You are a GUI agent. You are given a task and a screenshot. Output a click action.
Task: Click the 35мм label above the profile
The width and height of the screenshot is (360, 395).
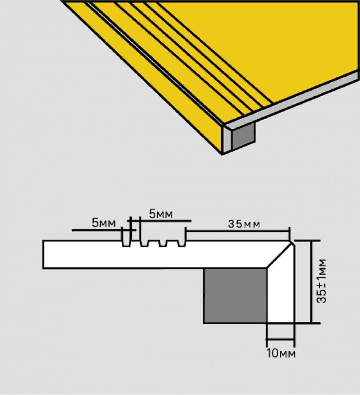pos(244,224)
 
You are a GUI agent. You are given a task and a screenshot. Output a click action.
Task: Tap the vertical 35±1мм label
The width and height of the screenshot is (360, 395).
pos(322,281)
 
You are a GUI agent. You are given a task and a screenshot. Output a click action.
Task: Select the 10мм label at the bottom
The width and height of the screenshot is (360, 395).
pos(281,353)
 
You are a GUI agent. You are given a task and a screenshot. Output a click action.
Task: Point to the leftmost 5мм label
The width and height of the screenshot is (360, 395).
pos(104,223)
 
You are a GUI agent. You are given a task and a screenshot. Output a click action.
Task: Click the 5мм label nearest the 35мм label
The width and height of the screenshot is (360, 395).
pos(161,214)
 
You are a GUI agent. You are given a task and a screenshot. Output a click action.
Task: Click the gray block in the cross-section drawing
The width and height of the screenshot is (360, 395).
pos(235,296)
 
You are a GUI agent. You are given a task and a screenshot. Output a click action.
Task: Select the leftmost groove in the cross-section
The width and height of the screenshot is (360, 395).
pos(126,243)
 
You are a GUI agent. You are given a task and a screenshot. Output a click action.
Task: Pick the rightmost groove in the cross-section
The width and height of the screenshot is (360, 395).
pos(181,243)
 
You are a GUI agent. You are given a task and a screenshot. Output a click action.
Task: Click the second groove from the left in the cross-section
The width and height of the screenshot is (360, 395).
pos(144,243)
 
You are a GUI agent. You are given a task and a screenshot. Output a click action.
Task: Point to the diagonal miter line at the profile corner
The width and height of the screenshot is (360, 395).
pos(279,255)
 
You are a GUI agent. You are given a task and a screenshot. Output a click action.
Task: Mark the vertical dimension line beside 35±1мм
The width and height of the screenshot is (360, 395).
pos(312,281)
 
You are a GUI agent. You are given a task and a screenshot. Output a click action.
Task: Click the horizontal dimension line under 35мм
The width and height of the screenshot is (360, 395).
pos(238,231)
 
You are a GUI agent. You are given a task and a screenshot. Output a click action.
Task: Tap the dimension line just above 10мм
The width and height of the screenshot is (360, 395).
pos(280,339)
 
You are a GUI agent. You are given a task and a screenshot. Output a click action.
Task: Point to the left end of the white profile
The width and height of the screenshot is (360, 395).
pos(44,254)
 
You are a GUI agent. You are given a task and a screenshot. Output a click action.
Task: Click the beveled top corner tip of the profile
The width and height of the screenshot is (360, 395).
pos(292,242)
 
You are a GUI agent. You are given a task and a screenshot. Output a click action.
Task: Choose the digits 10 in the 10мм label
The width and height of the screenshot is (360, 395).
pos(273,353)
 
